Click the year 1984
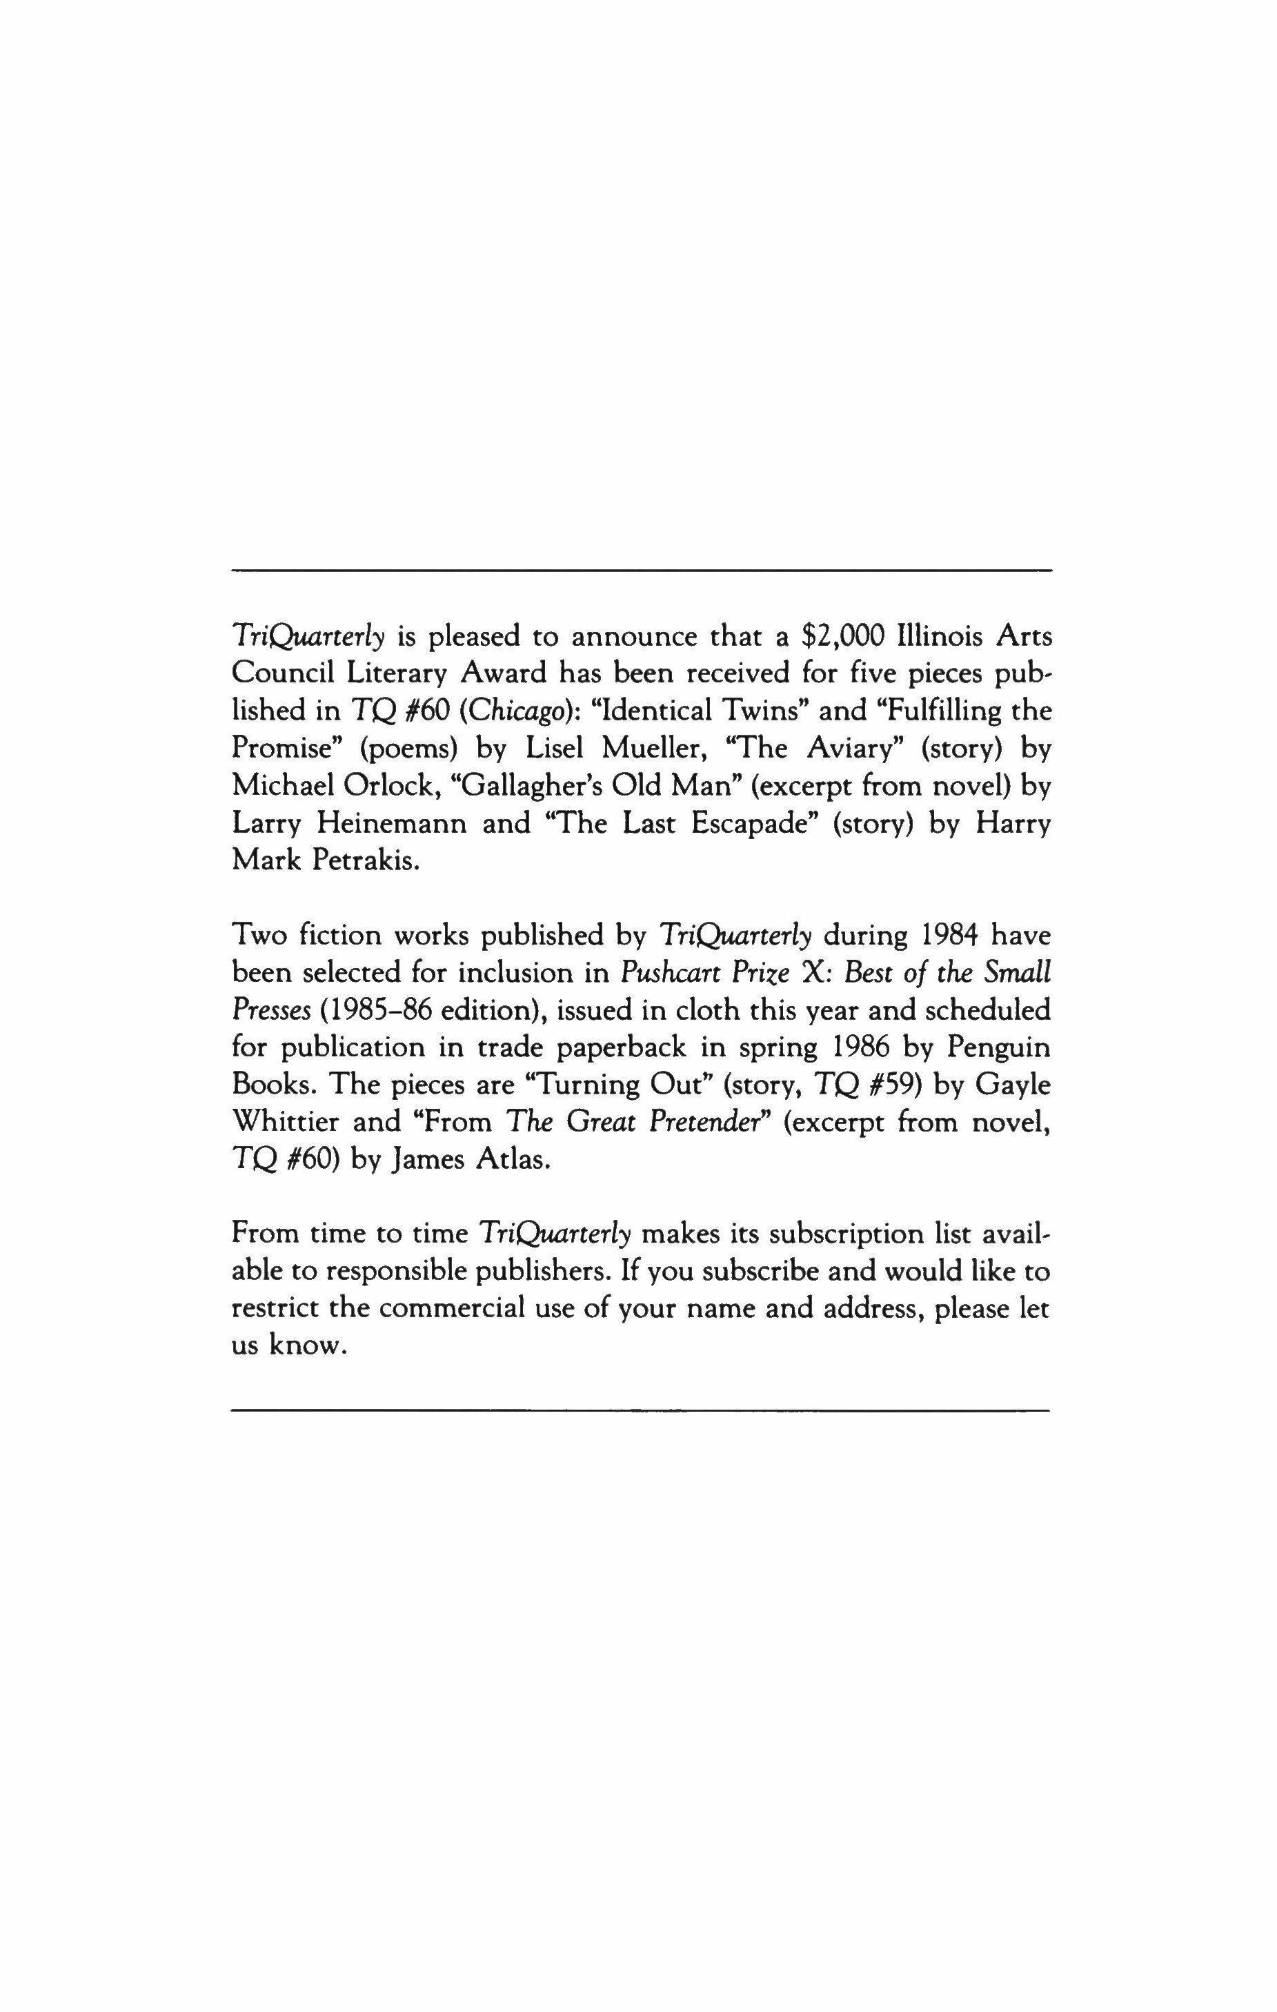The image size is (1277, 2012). point(940,936)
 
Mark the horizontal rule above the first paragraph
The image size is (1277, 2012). point(641,571)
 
